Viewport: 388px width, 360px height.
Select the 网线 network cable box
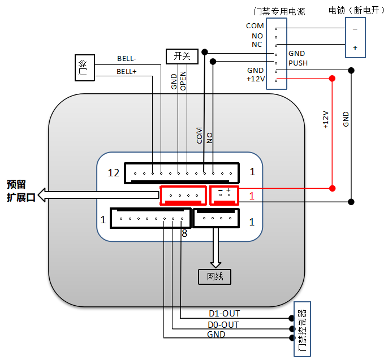214,276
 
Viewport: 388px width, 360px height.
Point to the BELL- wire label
127,58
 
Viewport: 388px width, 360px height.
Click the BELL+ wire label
127,72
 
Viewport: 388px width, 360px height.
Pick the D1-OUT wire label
224,313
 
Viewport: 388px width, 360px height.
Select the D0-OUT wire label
224,324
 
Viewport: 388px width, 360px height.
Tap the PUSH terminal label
298,63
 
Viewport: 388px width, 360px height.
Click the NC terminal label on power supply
257,44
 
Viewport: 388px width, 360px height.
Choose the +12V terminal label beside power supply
255,79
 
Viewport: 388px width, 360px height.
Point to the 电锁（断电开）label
354,10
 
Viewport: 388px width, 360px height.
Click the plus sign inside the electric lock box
355,47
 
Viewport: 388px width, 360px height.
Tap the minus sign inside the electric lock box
355,28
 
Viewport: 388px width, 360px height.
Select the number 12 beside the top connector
113,172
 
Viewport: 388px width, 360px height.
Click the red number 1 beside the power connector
252,196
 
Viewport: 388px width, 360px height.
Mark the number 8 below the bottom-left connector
184,232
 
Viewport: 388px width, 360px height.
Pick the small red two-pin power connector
225,195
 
